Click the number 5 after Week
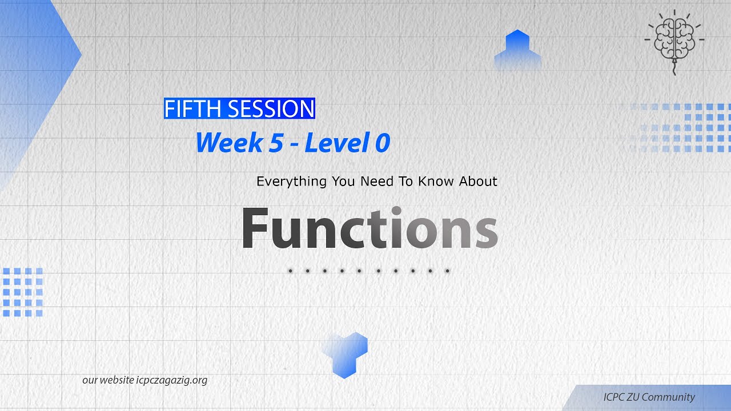[x=276, y=143]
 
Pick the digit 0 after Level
[x=382, y=143]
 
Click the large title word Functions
[x=369, y=228]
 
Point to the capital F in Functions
[x=255, y=228]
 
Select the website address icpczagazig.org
[x=172, y=380]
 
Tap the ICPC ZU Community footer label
[x=649, y=397]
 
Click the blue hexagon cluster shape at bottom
[x=345, y=354]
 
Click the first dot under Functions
[x=291, y=271]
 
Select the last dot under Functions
[x=447, y=271]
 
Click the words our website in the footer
[x=108, y=380]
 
